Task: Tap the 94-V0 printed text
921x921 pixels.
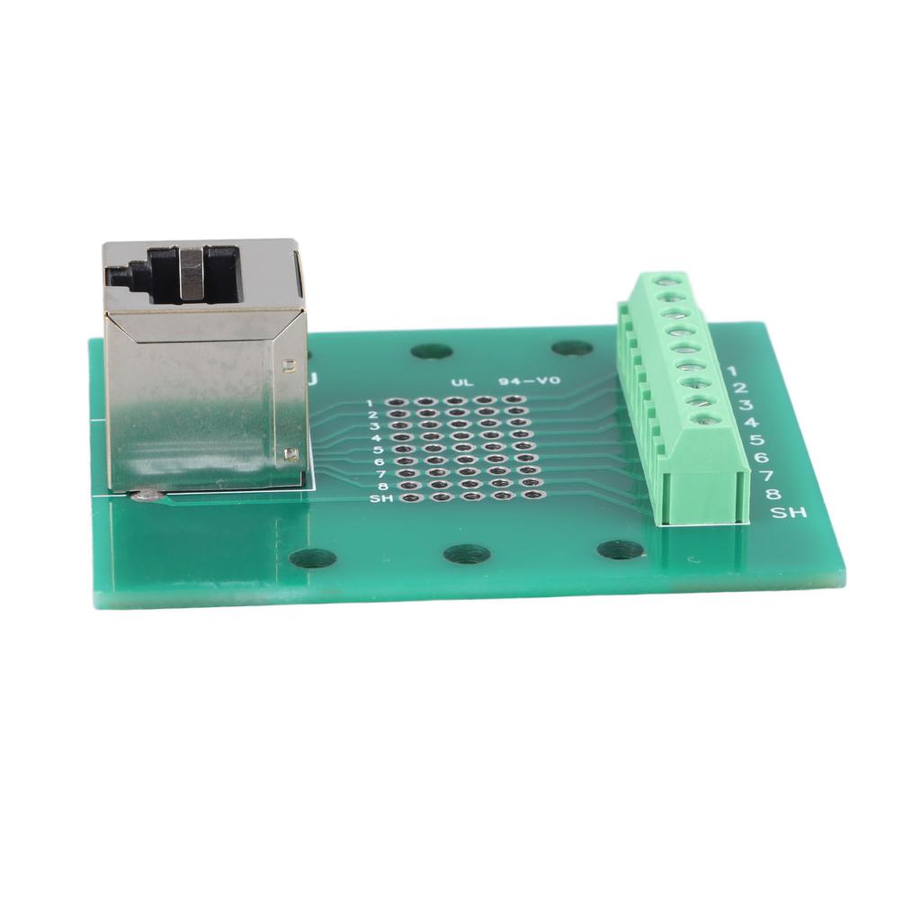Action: coord(528,381)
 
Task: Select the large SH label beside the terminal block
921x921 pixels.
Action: coord(789,513)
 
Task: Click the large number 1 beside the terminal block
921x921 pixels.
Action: coord(731,371)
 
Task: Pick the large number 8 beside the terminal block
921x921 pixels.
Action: coord(773,494)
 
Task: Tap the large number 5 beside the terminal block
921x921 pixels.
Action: coord(756,440)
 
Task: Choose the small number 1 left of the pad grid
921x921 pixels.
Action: coord(370,403)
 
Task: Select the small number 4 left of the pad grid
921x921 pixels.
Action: coord(375,438)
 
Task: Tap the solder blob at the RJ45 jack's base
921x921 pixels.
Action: coord(147,494)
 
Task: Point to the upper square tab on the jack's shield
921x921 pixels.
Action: coord(288,365)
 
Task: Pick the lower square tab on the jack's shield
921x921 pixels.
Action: coord(290,454)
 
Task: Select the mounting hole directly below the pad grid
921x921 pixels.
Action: coord(467,554)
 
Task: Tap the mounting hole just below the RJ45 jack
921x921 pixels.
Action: coord(312,559)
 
